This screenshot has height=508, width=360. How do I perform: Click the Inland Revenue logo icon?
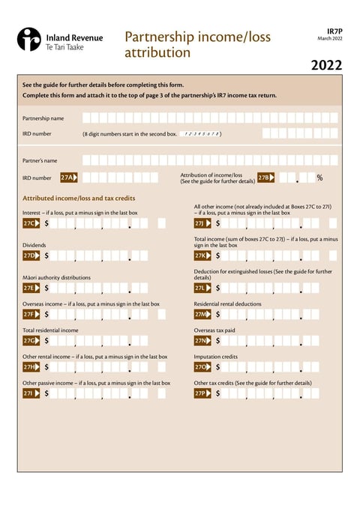[29, 39]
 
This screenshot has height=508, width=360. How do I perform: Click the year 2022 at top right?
[326, 65]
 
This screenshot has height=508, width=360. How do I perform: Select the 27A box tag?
[69, 178]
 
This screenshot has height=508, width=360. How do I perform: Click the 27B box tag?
[265, 178]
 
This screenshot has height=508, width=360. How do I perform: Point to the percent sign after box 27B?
[319, 178]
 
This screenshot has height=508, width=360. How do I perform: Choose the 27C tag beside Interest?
[31, 223]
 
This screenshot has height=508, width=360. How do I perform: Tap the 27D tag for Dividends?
[31, 255]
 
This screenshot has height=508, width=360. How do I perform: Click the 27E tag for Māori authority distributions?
[31, 288]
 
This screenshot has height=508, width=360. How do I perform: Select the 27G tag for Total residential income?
[31, 340]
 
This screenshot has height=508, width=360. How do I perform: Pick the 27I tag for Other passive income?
[31, 393]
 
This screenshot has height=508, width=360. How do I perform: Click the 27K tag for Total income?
[202, 255]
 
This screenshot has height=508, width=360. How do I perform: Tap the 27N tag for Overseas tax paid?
[202, 340]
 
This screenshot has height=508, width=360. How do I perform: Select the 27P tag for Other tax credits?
[202, 393]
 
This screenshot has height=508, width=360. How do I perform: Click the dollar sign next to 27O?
[218, 367]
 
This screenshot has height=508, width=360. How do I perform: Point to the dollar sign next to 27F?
[46, 315]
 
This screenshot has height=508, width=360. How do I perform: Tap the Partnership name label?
[43, 118]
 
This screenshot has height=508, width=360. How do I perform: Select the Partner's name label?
[40, 160]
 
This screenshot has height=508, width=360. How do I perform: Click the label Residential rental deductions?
[227, 304]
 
